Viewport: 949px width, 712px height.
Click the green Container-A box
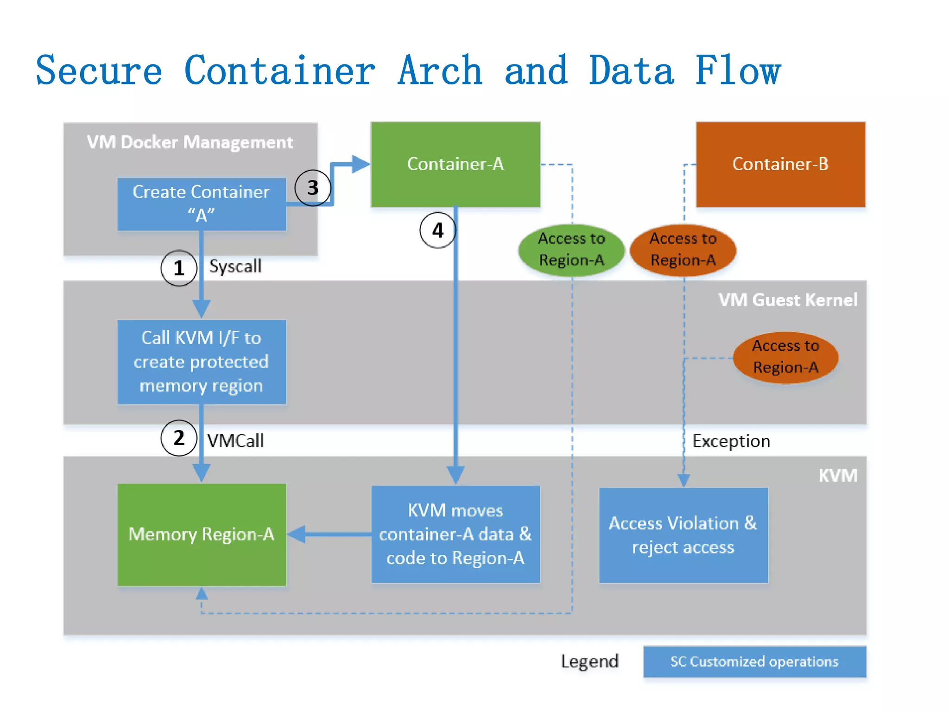pos(456,164)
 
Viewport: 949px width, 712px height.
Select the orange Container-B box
pos(780,164)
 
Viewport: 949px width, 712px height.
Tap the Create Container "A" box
pos(202,204)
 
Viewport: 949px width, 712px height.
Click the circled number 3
pos(313,188)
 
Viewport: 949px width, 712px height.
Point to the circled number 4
pos(437,230)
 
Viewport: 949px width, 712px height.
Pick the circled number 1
pos(179,268)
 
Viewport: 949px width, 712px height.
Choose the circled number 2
pos(179,438)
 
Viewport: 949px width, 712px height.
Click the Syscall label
pos(235,267)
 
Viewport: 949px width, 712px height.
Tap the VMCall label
pos(235,441)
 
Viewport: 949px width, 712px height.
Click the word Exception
pos(731,441)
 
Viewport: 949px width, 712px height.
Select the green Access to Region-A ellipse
pos(571,250)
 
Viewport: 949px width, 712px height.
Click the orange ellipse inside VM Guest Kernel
pos(785,357)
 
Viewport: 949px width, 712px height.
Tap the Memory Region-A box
pos(202,534)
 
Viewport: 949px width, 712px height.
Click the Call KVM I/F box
pos(202,362)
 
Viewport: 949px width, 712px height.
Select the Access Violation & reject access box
pos(683,535)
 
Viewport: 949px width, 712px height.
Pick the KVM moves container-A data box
pos(456,534)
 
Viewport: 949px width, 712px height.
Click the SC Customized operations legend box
pos(754,661)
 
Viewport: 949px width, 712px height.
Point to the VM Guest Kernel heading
pos(788,300)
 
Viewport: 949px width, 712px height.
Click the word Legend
pos(589,661)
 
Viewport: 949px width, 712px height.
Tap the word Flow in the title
pos(738,70)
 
